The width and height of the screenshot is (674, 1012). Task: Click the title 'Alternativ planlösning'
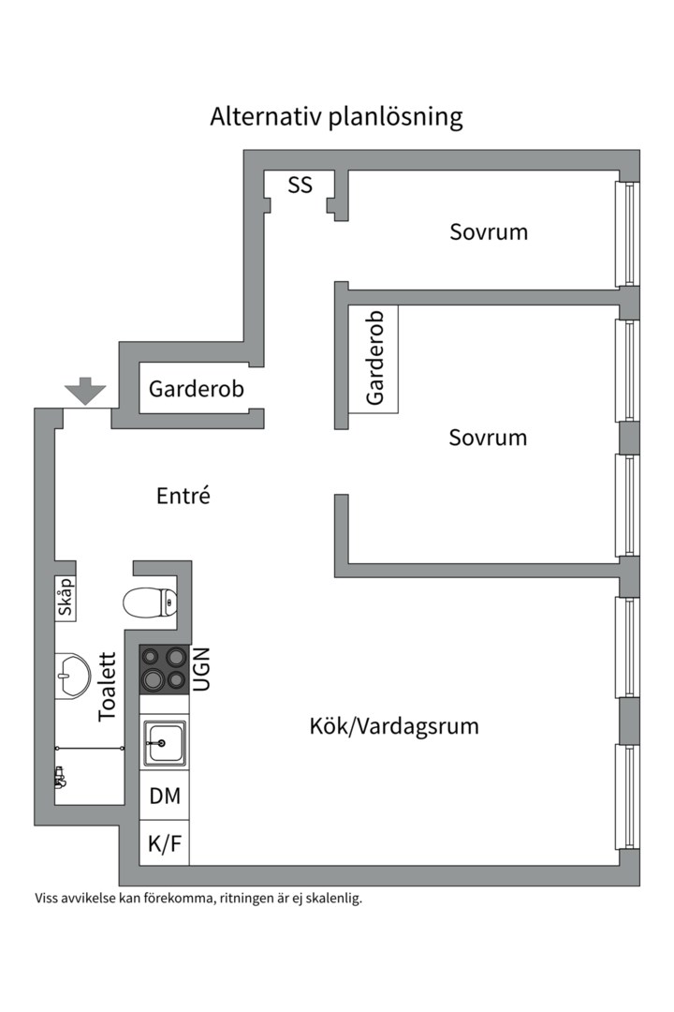[336, 117]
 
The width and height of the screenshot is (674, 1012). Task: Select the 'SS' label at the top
[300, 185]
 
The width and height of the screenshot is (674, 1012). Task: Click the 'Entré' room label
[183, 495]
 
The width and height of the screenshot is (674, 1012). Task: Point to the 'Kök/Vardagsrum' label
[394, 725]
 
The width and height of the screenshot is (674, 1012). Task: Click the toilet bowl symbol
[150, 602]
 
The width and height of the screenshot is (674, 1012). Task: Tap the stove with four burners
[164, 668]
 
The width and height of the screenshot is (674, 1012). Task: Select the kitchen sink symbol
[164, 742]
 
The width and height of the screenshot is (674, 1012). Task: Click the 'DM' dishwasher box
[165, 796]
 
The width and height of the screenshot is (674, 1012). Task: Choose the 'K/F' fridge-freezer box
[165, 843]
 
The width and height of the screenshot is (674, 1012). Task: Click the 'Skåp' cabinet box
[66, 596]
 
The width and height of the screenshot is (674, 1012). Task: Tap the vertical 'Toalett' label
[108, 687]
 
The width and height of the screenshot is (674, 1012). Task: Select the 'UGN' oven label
[202, 669]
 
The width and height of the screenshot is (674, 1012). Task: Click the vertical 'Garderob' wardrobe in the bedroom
[374, 358]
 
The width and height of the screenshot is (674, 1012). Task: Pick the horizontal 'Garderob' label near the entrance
[196, 388]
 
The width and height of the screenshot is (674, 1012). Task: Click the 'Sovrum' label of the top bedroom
[488, 231]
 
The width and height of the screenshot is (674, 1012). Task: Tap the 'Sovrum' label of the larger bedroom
[487, 438]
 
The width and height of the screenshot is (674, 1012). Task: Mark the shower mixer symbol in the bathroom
[61, 777]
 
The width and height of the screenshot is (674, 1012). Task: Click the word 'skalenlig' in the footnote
[330, 898]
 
